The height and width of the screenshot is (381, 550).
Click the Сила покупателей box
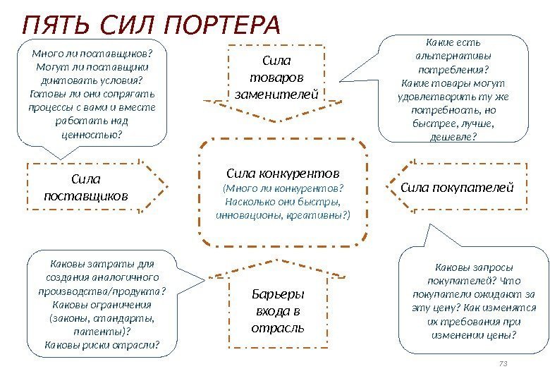(x=458, y=187)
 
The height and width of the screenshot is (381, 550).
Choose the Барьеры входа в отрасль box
(x=277, y=311)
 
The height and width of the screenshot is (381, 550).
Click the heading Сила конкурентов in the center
(x=283, y=173)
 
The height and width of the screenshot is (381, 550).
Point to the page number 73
(x=503, y=364)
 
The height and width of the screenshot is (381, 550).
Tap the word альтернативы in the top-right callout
(x=454, y=56)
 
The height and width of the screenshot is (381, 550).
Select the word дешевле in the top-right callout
(x=451, y=137)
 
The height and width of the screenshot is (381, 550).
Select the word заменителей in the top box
(x=276, y=93)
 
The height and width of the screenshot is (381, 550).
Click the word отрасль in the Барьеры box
(x=277, y=328)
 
